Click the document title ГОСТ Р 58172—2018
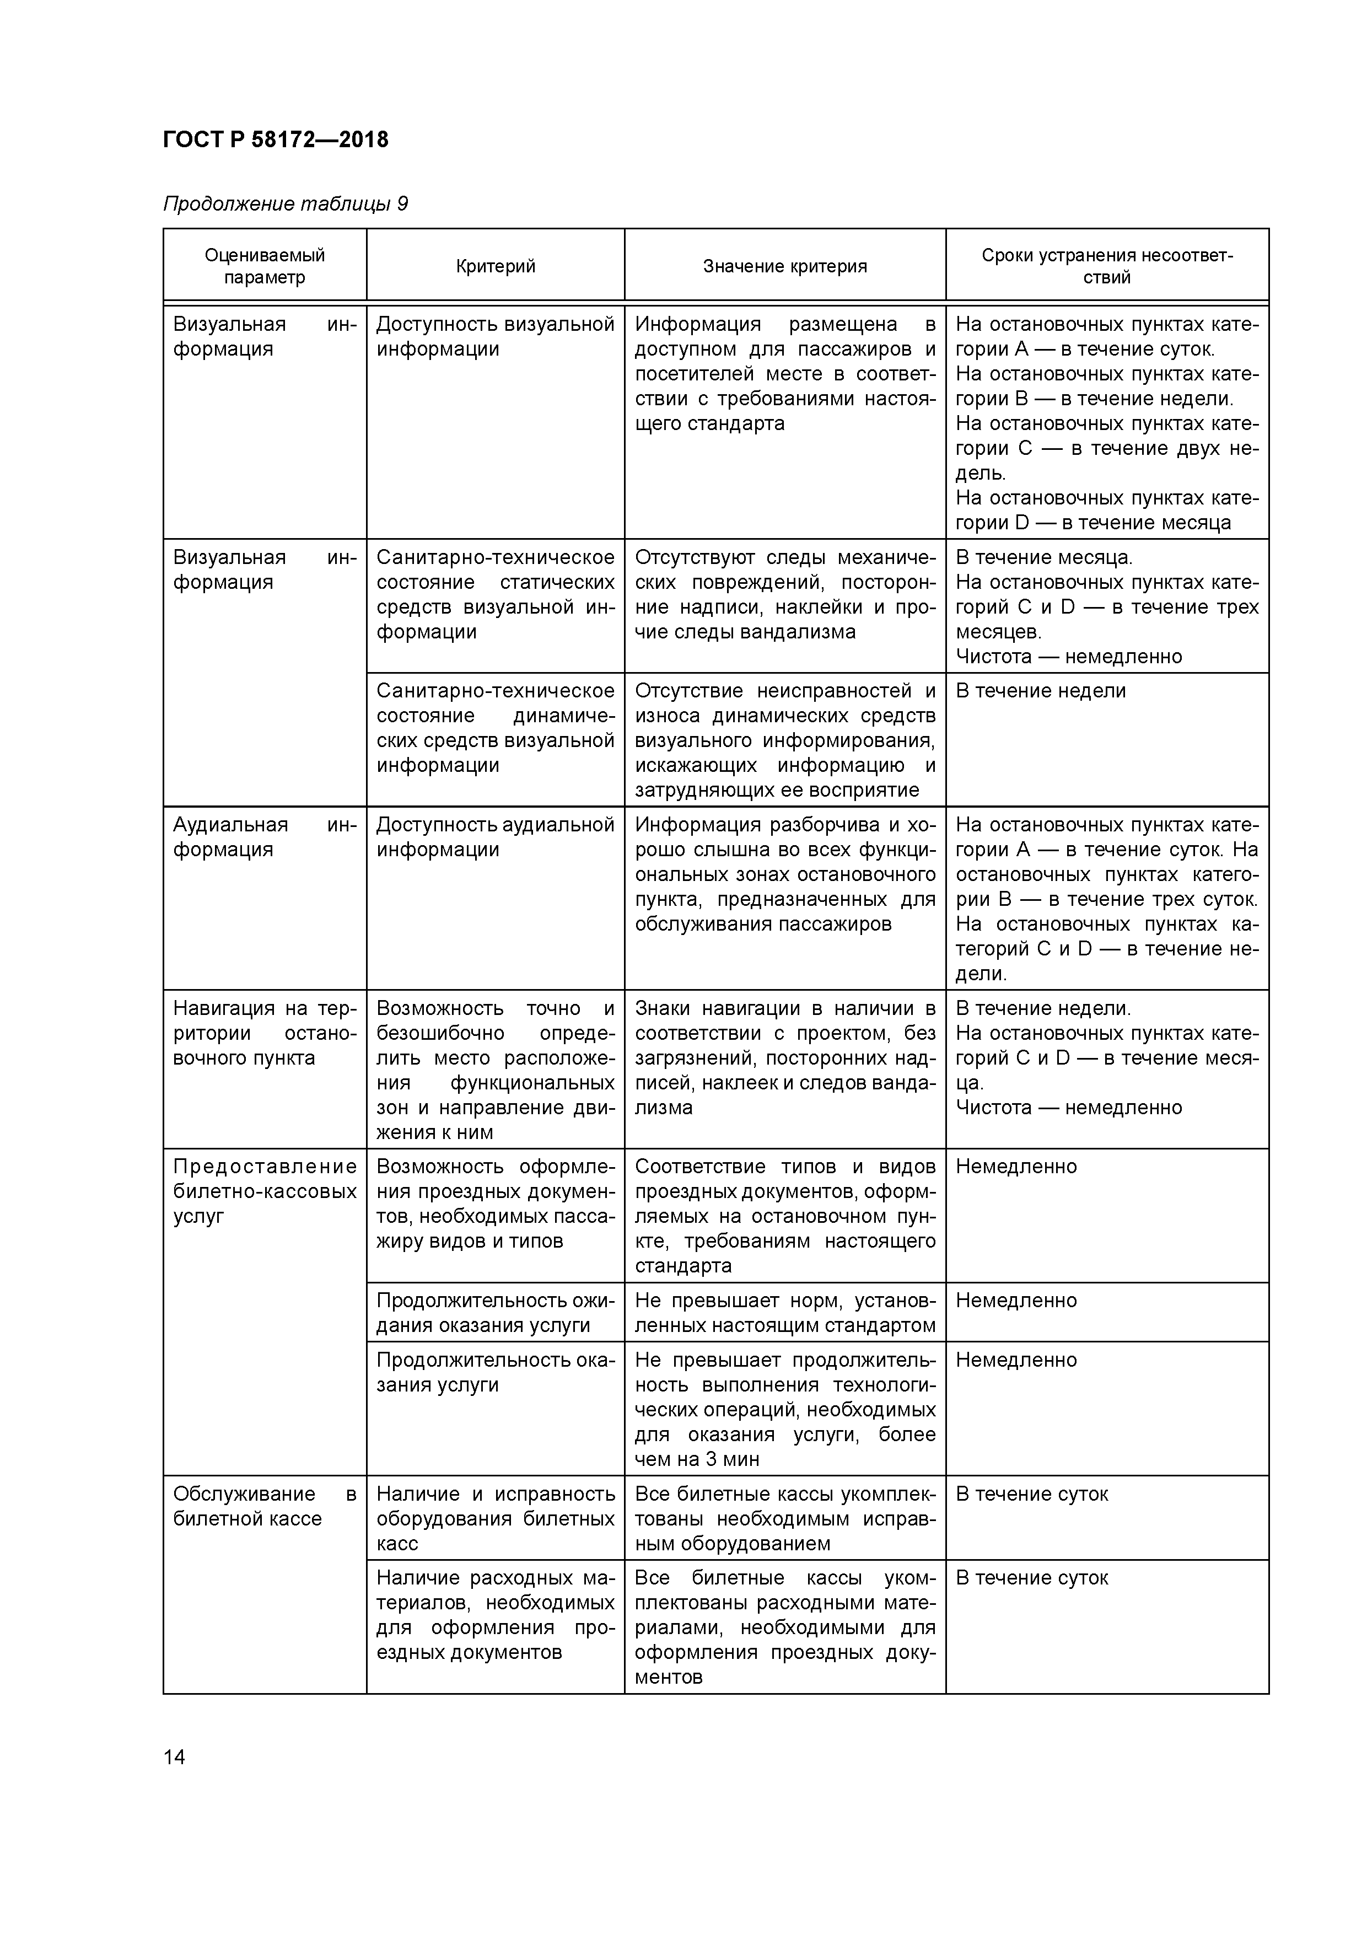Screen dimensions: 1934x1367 pyautogui.click(x=276, y=140)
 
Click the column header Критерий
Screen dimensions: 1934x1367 pyautogui.click(x=495, y=267)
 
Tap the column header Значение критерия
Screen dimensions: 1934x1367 pyautogui.click(x=784, y=267)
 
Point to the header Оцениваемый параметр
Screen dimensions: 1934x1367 pyautogui.click(x=265, y=266)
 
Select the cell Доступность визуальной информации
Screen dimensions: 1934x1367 pyautogui.click(x=495, y=337)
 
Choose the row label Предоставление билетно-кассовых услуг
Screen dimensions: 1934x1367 pyautogui.click(x=265, y=1191)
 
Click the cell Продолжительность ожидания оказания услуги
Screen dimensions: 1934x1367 pyautogui.click(x=495, y=1312)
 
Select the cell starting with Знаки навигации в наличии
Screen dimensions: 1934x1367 pyautogui.click(x=784, y=1058)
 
